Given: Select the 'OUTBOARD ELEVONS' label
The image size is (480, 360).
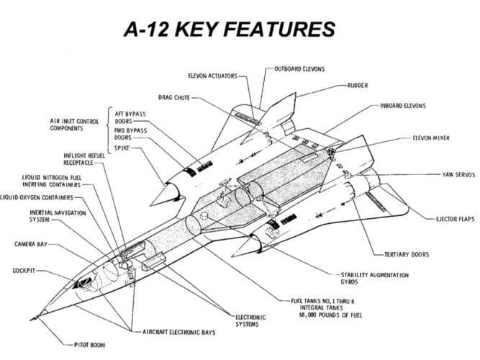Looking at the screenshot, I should click(x=299, y=69).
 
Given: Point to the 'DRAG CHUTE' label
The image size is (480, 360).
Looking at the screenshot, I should click(x=174, y=96).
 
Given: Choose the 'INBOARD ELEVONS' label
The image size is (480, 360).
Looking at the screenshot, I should click(x=403, y=106).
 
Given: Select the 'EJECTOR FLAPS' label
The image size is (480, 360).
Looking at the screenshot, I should click(x=455, y=218).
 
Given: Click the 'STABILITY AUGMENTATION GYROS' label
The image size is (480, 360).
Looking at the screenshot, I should click(x=374, y=279).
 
